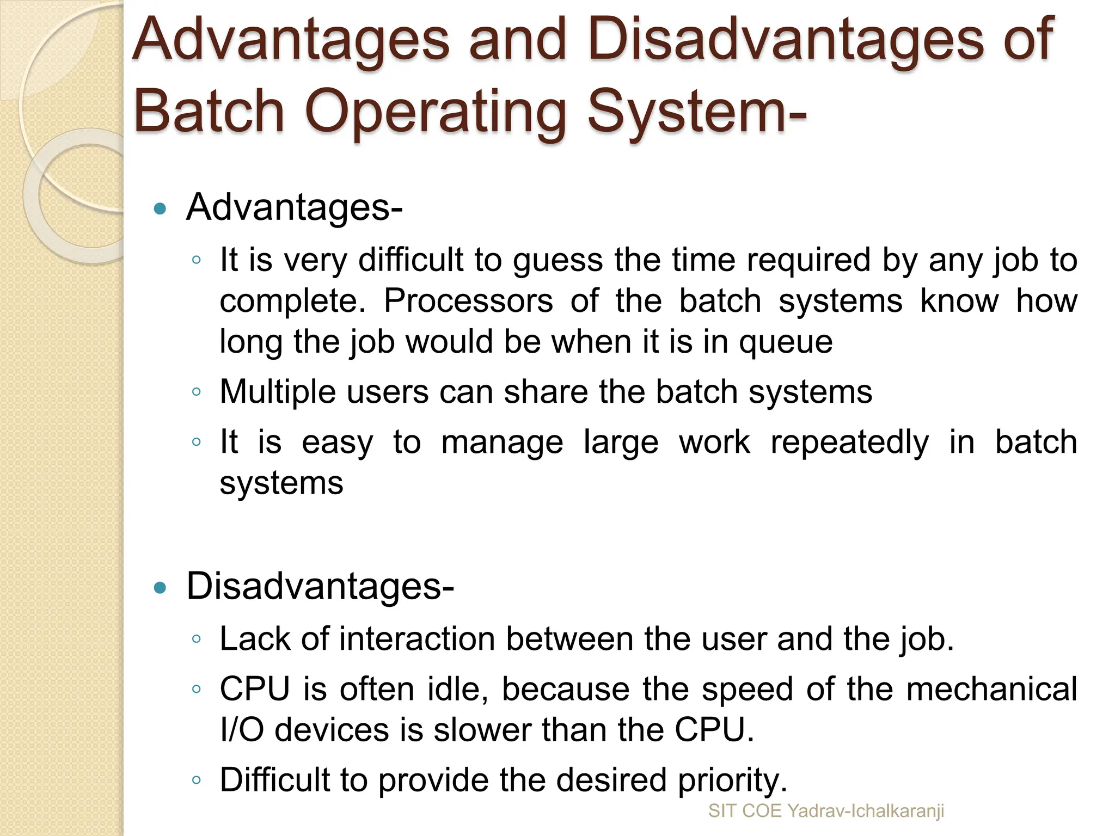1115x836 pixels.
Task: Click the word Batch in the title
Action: tap(210, 112)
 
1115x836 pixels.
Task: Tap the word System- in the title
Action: tap(697, 112)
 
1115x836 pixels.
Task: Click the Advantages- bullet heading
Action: tap(294, 207)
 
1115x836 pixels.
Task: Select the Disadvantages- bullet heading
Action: tap(320, 587)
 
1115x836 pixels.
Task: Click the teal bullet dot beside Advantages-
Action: tap(160, 208)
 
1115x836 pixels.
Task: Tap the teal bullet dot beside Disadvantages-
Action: tap(160, 588)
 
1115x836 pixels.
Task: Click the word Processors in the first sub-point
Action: tap(468, 300)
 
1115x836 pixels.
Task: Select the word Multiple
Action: tap(278, 392)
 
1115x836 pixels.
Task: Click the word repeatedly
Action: tap(849, 442)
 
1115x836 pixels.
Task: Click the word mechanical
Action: tap(991, 689)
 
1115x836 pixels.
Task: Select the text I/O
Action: tap(242, 730)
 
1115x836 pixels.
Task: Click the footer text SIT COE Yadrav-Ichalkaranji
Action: tap(826, 811)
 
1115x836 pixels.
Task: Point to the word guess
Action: tap(558, 260)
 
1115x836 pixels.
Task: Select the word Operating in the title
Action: tap(436, 112)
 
